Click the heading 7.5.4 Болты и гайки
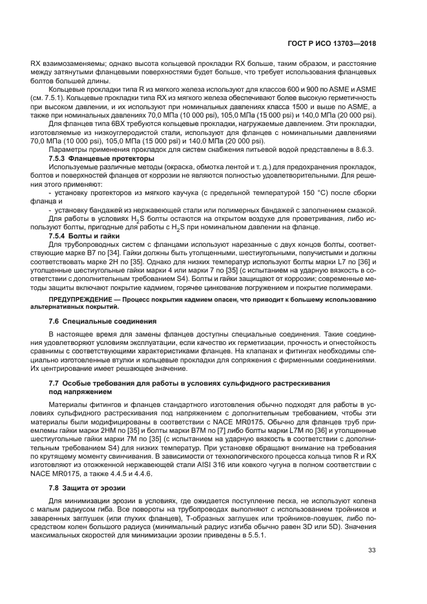87,236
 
